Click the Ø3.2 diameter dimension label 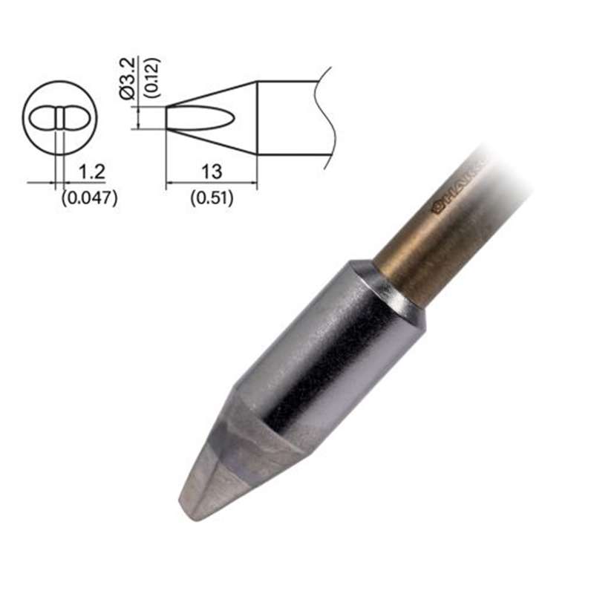pos(125,77)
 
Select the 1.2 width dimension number pos(91,172)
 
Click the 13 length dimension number pos(212,172)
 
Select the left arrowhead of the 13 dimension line pos(169,183)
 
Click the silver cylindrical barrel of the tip pos(327,356)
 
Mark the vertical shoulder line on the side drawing pos(257,119)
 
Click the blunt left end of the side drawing pos(166,117)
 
